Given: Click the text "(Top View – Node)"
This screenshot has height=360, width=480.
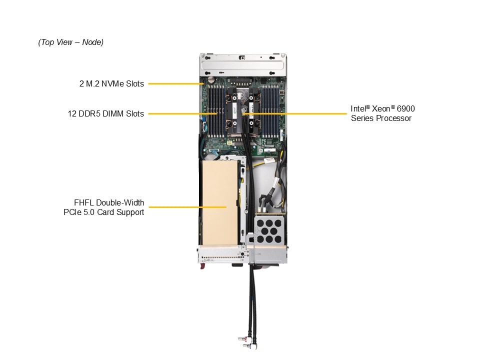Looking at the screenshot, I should point(70,42).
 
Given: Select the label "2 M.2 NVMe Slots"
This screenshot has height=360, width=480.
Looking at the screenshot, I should point(111,83).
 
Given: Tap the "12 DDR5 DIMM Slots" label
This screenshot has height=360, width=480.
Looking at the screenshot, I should point(106,113).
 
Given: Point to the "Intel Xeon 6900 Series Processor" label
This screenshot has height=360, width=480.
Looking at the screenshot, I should point(382,113).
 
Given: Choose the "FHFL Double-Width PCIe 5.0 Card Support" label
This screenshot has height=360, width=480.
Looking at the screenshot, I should point(108,207).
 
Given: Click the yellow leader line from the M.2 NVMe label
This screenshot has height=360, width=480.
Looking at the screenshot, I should point(175,83).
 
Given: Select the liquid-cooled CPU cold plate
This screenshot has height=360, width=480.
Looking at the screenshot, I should point(243,110).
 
